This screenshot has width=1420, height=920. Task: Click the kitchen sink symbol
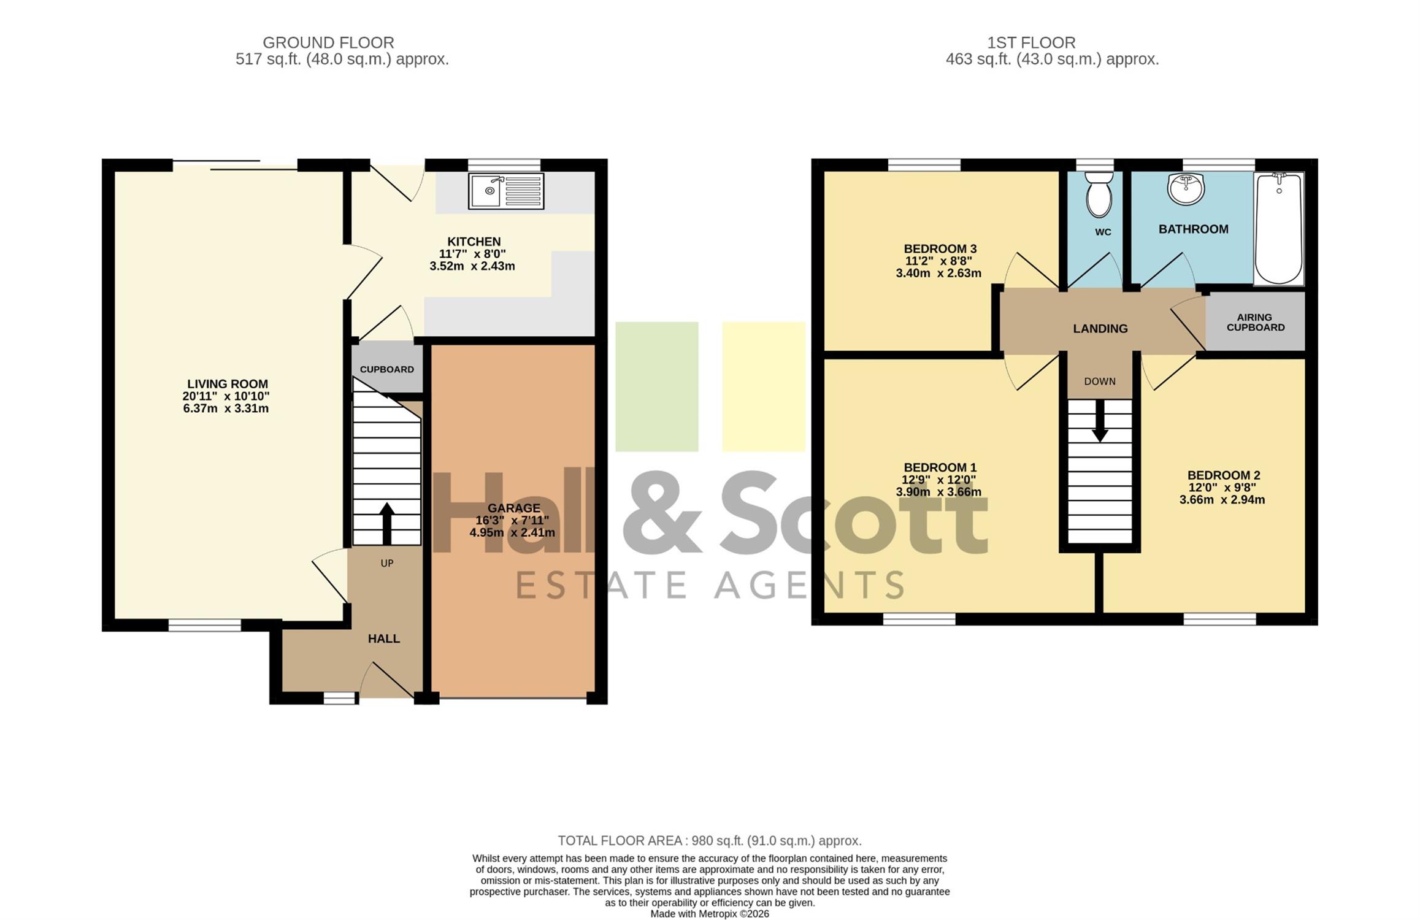click(506, 191)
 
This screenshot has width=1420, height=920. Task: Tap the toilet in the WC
click(1099, 194)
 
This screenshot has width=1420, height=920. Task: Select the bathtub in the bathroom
click(1279, 229)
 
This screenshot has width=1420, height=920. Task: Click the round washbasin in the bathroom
click(1186, 189)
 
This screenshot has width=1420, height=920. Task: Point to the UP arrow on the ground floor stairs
click(387, 524)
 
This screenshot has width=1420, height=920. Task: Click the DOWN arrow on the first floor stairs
click(1100, 421)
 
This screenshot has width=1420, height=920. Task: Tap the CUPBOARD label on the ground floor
click(387, 369)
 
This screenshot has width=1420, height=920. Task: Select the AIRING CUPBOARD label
click(1255, 323)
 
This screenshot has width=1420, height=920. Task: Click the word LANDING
click(1100, 329)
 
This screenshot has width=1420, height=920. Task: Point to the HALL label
click(384, 638)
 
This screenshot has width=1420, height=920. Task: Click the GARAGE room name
click(514, 508)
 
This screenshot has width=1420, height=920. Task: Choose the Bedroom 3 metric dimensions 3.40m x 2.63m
click(938, 274)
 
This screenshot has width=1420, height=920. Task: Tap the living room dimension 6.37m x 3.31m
click(226, 408)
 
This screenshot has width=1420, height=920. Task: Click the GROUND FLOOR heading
click(328, 43)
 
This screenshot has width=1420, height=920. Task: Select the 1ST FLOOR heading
click(1031, 43)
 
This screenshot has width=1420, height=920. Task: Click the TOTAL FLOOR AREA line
click(710, 841)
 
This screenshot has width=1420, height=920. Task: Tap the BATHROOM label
click(1194, 229)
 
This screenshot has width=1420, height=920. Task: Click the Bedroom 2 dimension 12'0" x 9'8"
click(1222, 488)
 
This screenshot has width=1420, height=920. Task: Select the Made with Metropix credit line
click(710, 914)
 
